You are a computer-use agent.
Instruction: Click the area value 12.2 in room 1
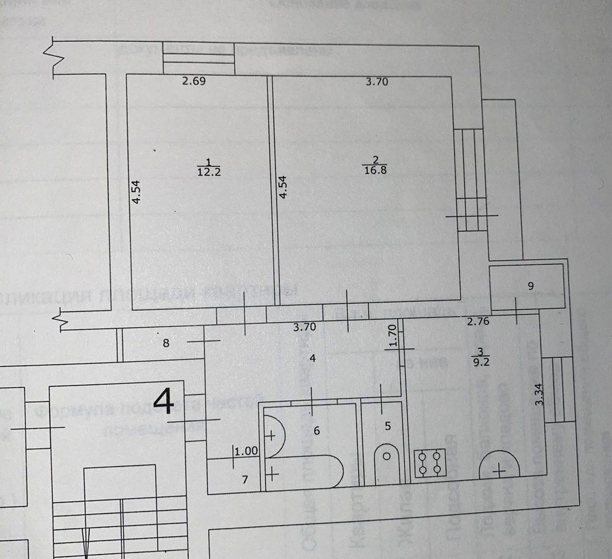(208, 172)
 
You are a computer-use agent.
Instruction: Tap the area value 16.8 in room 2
(375, 171)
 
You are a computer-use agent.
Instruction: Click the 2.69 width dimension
(194, 82)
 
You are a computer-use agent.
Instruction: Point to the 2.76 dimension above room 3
(478, 321)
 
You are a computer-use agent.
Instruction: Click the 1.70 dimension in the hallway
(393, 336)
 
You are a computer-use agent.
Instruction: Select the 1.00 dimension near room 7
(246, 452)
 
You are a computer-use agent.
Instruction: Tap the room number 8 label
(166, 343)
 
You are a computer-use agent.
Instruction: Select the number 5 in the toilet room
(387, 425)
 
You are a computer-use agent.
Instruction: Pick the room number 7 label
(245, 480)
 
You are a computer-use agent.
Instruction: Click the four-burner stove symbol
(429, 463)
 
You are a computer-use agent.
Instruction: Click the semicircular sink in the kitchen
(499, 465)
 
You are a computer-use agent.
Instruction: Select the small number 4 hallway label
(313, 358)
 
